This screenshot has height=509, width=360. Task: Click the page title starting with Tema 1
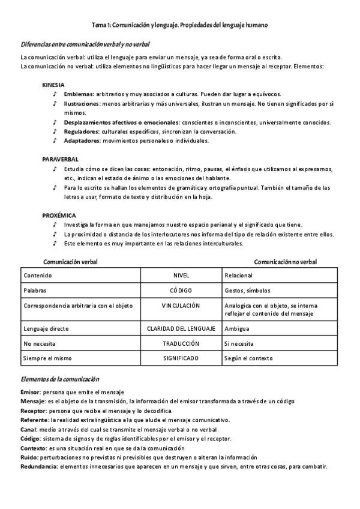179,25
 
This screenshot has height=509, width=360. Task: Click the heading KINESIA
53,85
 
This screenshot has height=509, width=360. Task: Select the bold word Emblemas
78,94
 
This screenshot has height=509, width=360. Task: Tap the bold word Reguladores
81,131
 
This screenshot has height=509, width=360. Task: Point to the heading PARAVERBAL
60,159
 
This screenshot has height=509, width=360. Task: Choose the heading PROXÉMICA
59,215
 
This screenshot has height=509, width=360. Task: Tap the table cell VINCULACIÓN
181,306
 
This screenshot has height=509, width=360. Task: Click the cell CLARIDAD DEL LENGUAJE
181,329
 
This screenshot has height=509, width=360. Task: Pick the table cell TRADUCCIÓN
181,343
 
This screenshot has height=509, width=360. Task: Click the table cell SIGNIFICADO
181,358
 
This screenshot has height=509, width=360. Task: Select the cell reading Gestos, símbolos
247,291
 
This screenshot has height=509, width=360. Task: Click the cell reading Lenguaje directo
46,329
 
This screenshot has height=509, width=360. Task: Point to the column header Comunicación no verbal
285,262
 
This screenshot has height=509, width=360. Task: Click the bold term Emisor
31,391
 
